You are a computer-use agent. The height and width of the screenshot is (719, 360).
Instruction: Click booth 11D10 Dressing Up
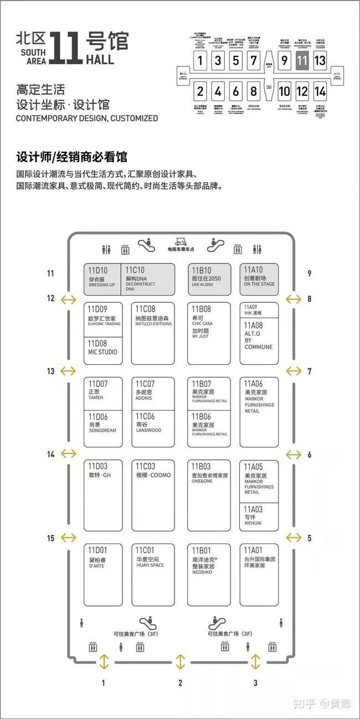click(x=104, y=279)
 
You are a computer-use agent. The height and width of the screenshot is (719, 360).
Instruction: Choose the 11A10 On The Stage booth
click(x=259, y=279)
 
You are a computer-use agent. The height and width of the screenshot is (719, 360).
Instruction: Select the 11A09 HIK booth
click(x=259, y=310)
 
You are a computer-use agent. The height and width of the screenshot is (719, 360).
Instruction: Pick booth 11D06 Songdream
click(x=103, y=429)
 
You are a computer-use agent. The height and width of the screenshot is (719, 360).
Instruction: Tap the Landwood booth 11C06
click(x=153, y=429)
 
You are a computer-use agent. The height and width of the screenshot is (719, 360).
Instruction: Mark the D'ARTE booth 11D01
click(x=103, y=575)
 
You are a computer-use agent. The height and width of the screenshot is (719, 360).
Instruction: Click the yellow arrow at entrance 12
click(x=68, y=299)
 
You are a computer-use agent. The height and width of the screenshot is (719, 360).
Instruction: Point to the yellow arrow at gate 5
click(x=293, y=537)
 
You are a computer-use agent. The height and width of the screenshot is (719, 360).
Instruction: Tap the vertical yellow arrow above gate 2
click(x=181, y=661)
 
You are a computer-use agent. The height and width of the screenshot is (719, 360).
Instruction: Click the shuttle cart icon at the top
click(x=180, y=242)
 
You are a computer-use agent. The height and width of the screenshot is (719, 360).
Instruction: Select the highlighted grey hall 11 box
click(x=302, y=60)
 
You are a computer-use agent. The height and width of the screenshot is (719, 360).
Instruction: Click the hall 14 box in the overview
click(x=320, y=91)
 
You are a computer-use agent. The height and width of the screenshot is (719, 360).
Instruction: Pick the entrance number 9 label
click(x=310, y=273)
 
